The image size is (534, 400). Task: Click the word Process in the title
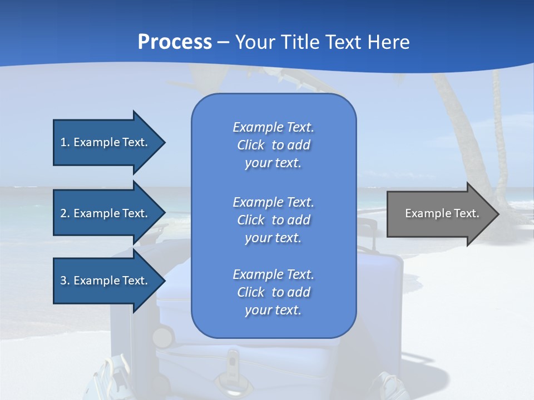pyautogui.click(x=175, y=42)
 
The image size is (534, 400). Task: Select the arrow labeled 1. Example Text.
pyautogui.click(x=106, y=142)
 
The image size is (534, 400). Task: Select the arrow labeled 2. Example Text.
pyautogui.click(x=106, y=213)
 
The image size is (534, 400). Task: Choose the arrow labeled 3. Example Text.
pyautogui.click(x=106, y=281)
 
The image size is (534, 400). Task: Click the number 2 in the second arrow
pyautogui.click(x=63, y=213)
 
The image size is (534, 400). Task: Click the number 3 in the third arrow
pyautogui.click(x=63, y=281)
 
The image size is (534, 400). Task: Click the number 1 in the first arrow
pyautogui.click(x=63, y=142)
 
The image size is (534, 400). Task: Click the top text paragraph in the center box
pyautogui.click(x=273, y=145)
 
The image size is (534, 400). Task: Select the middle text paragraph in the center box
pyautogui.click(x=273, y=220)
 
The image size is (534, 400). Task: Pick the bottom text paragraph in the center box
pyautogui.click(x=273, y=292)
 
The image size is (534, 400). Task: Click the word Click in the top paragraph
pyautogui.click(x=251, y=145)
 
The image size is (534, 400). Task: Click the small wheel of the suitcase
pyautogui.click(x=163, y=337)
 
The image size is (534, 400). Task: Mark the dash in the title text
pyautogui.click(x=223, y=43)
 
